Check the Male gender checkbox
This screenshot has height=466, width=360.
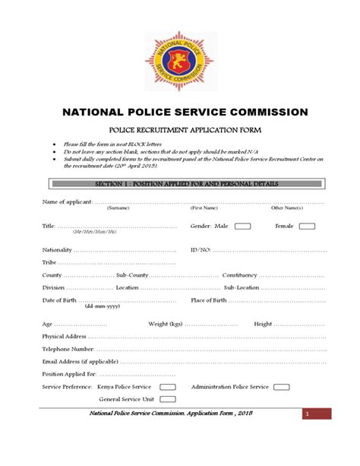[242, 226]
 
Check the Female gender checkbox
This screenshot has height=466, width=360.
[307, 226]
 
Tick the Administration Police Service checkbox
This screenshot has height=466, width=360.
[280, 387]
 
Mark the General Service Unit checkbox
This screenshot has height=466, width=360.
[168, 399]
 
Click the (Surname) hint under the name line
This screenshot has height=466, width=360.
[118, 208]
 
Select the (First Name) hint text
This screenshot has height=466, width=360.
[204, 208]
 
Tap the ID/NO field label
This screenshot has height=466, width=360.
[201, 249]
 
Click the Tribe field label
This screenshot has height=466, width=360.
[50, 262]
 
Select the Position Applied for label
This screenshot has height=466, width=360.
[69, 374]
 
